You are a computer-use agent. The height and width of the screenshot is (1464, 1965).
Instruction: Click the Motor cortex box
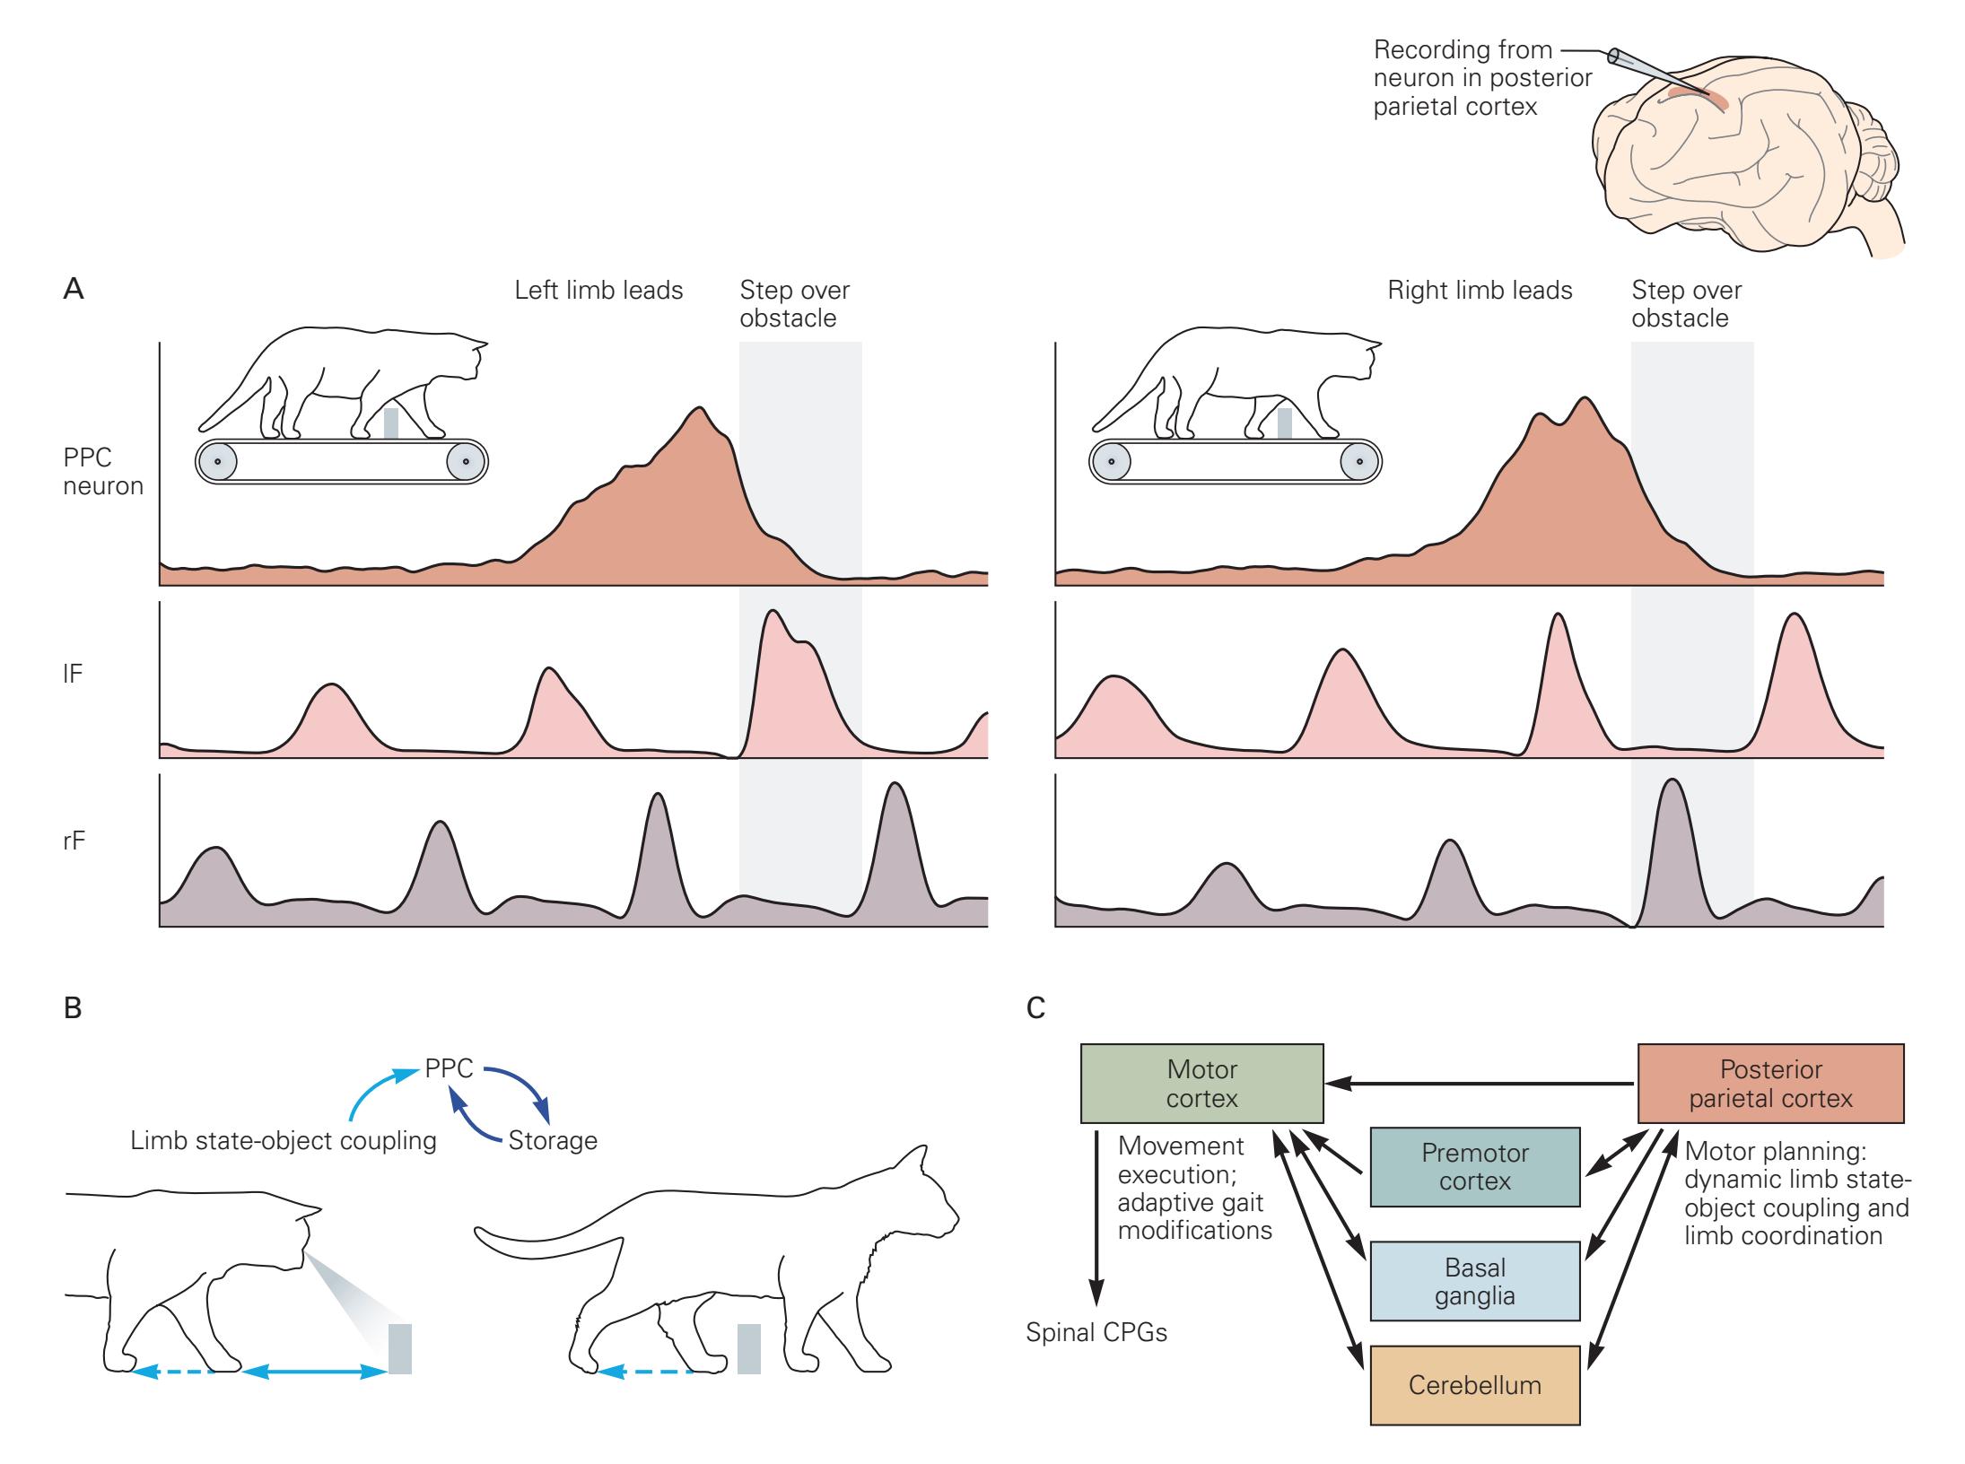pyautogui.click(x=1201, y=1083)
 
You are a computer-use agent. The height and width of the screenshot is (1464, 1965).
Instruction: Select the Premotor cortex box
pyautogui.click(x=1475, y=1166)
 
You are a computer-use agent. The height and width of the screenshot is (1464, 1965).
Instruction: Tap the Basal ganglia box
pyautogui.click(x=1475, y=1281)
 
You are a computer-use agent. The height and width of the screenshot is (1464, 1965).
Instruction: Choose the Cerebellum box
pyautogui.click(x=1475, y=1385)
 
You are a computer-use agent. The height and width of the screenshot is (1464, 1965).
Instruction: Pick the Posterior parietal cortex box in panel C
pyautogui.click(x=1771, y=1083)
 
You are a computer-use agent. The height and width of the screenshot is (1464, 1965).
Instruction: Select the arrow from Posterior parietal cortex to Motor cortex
pyautogui.click(x=1481, y=1084)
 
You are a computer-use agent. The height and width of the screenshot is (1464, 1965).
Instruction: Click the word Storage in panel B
pyautogui.click(x=553, y=1140)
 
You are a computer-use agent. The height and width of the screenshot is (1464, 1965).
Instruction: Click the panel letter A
pyautogui.click(x=74, y=290)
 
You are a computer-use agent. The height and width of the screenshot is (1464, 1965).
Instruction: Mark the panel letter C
pyautogui.click(x=1035, y=1008)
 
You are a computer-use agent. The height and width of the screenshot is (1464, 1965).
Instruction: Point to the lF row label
pyautogui.click(x=73, y=674)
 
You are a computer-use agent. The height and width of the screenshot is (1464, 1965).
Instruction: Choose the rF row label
pyautogui.click(x=74, y=841)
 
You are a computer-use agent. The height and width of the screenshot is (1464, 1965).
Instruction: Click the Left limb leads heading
pyautogui.click(x=598, y=291)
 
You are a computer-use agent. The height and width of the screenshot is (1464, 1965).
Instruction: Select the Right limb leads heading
pyautogui.click(x=1480, y=291)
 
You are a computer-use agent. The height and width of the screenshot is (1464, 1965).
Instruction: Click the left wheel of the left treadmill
pyautogui.click(x=218, y=463)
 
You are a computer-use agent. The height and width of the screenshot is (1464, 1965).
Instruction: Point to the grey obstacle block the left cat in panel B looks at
pyautogui.click(x=400, y=1348)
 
